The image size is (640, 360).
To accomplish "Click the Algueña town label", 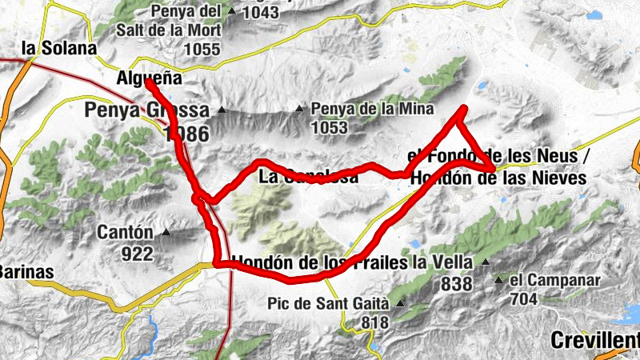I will tap(150, 79).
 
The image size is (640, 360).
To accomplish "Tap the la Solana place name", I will tap(59, 49).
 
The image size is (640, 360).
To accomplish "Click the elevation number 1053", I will tap(330, 127).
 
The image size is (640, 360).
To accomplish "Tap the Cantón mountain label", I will tap(125, 233).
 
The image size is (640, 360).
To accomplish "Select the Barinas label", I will tap(26, 272).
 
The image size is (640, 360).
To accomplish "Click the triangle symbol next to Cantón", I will tap(166, 233).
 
